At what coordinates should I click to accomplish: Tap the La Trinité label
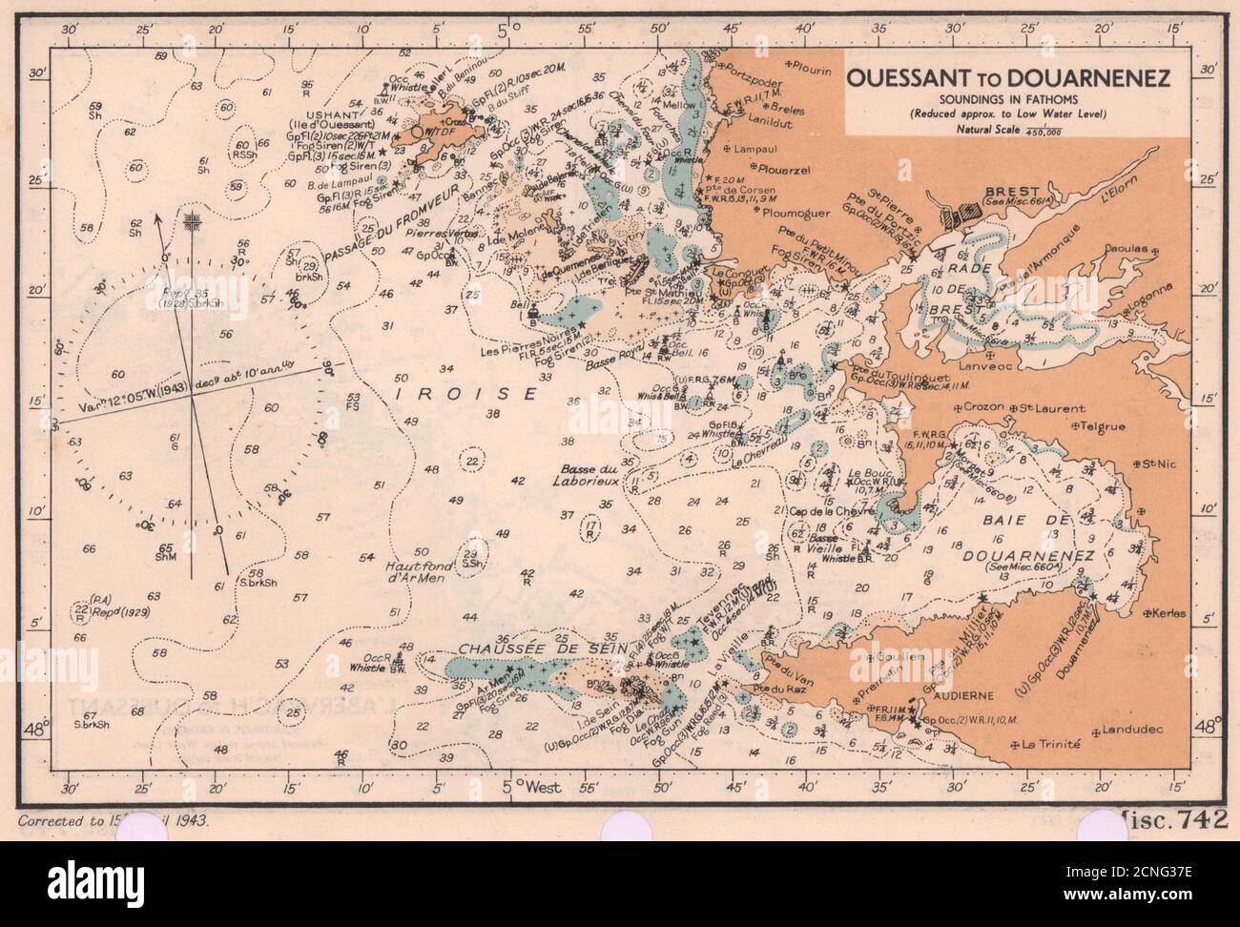point(1050,743)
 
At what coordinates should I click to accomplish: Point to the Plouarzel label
point(783,167)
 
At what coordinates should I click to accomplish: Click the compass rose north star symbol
point(194,222)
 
